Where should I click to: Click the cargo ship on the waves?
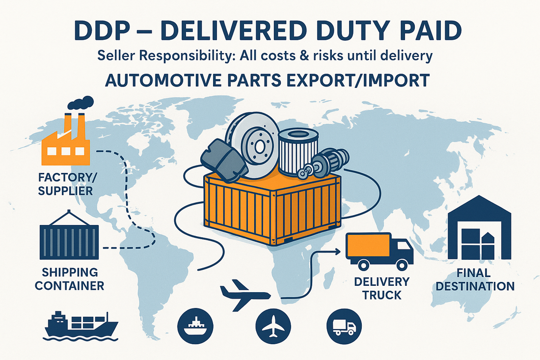click(81, 326)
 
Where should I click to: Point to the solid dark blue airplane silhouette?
click(244, 295)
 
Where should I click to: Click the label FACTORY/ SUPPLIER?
click(67, 183)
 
